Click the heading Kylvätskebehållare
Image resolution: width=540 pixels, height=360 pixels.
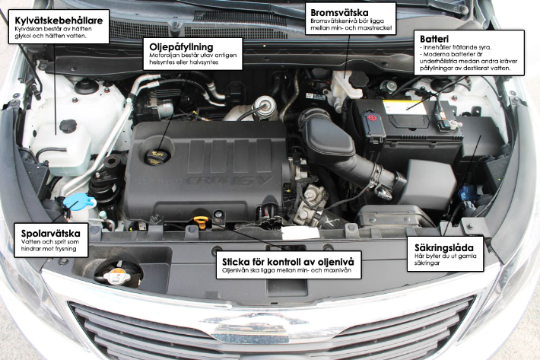coord(59,21)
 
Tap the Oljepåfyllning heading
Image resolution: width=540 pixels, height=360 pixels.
coord(181,47)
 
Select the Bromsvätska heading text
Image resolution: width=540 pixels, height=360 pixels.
coord(339,13)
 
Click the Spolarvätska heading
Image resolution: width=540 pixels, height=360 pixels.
coord(51,234)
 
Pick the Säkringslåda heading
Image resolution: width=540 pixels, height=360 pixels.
coord(444,247)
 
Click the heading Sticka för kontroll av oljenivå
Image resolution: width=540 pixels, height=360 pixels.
coord(288,262)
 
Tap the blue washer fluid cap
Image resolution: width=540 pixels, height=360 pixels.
coord(79,201)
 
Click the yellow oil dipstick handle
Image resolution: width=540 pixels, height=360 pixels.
coord(200,221)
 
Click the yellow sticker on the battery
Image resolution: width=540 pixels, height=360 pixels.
coord(405,107)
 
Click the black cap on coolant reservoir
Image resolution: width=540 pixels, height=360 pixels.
coord(68,126)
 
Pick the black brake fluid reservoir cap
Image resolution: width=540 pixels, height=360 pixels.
coord(358,80)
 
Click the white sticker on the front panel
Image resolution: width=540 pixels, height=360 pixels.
coord(300,233)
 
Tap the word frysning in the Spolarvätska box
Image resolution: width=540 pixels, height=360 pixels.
coord(65,249)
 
